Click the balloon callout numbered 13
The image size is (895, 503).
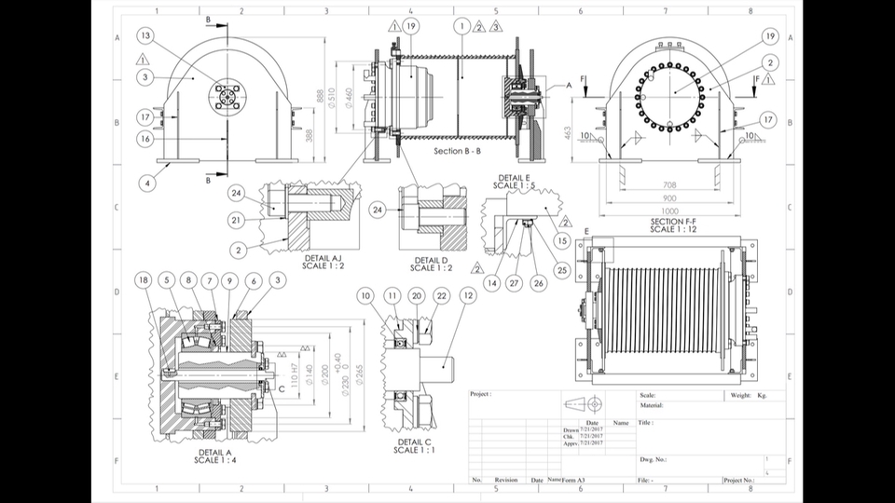[x=145, y=35]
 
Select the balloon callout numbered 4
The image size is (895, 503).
[x=147, y=184]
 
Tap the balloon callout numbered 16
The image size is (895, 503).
[x=145, y=139]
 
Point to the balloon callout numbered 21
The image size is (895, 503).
[x=237, y=220]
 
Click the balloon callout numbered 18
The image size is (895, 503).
[x=143, y=280]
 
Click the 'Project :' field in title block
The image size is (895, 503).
[x=481, y=394]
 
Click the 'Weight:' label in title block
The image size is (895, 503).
[x=741, y=395]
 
